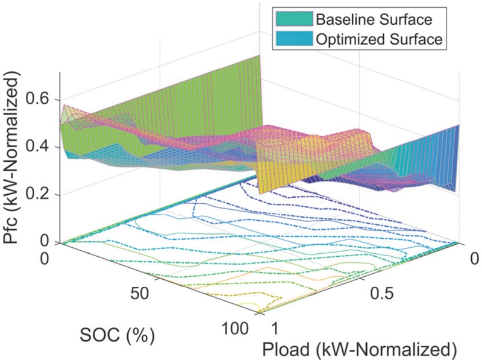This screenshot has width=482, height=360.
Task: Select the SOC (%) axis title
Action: pyautogui.click(x=116, y=333)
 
